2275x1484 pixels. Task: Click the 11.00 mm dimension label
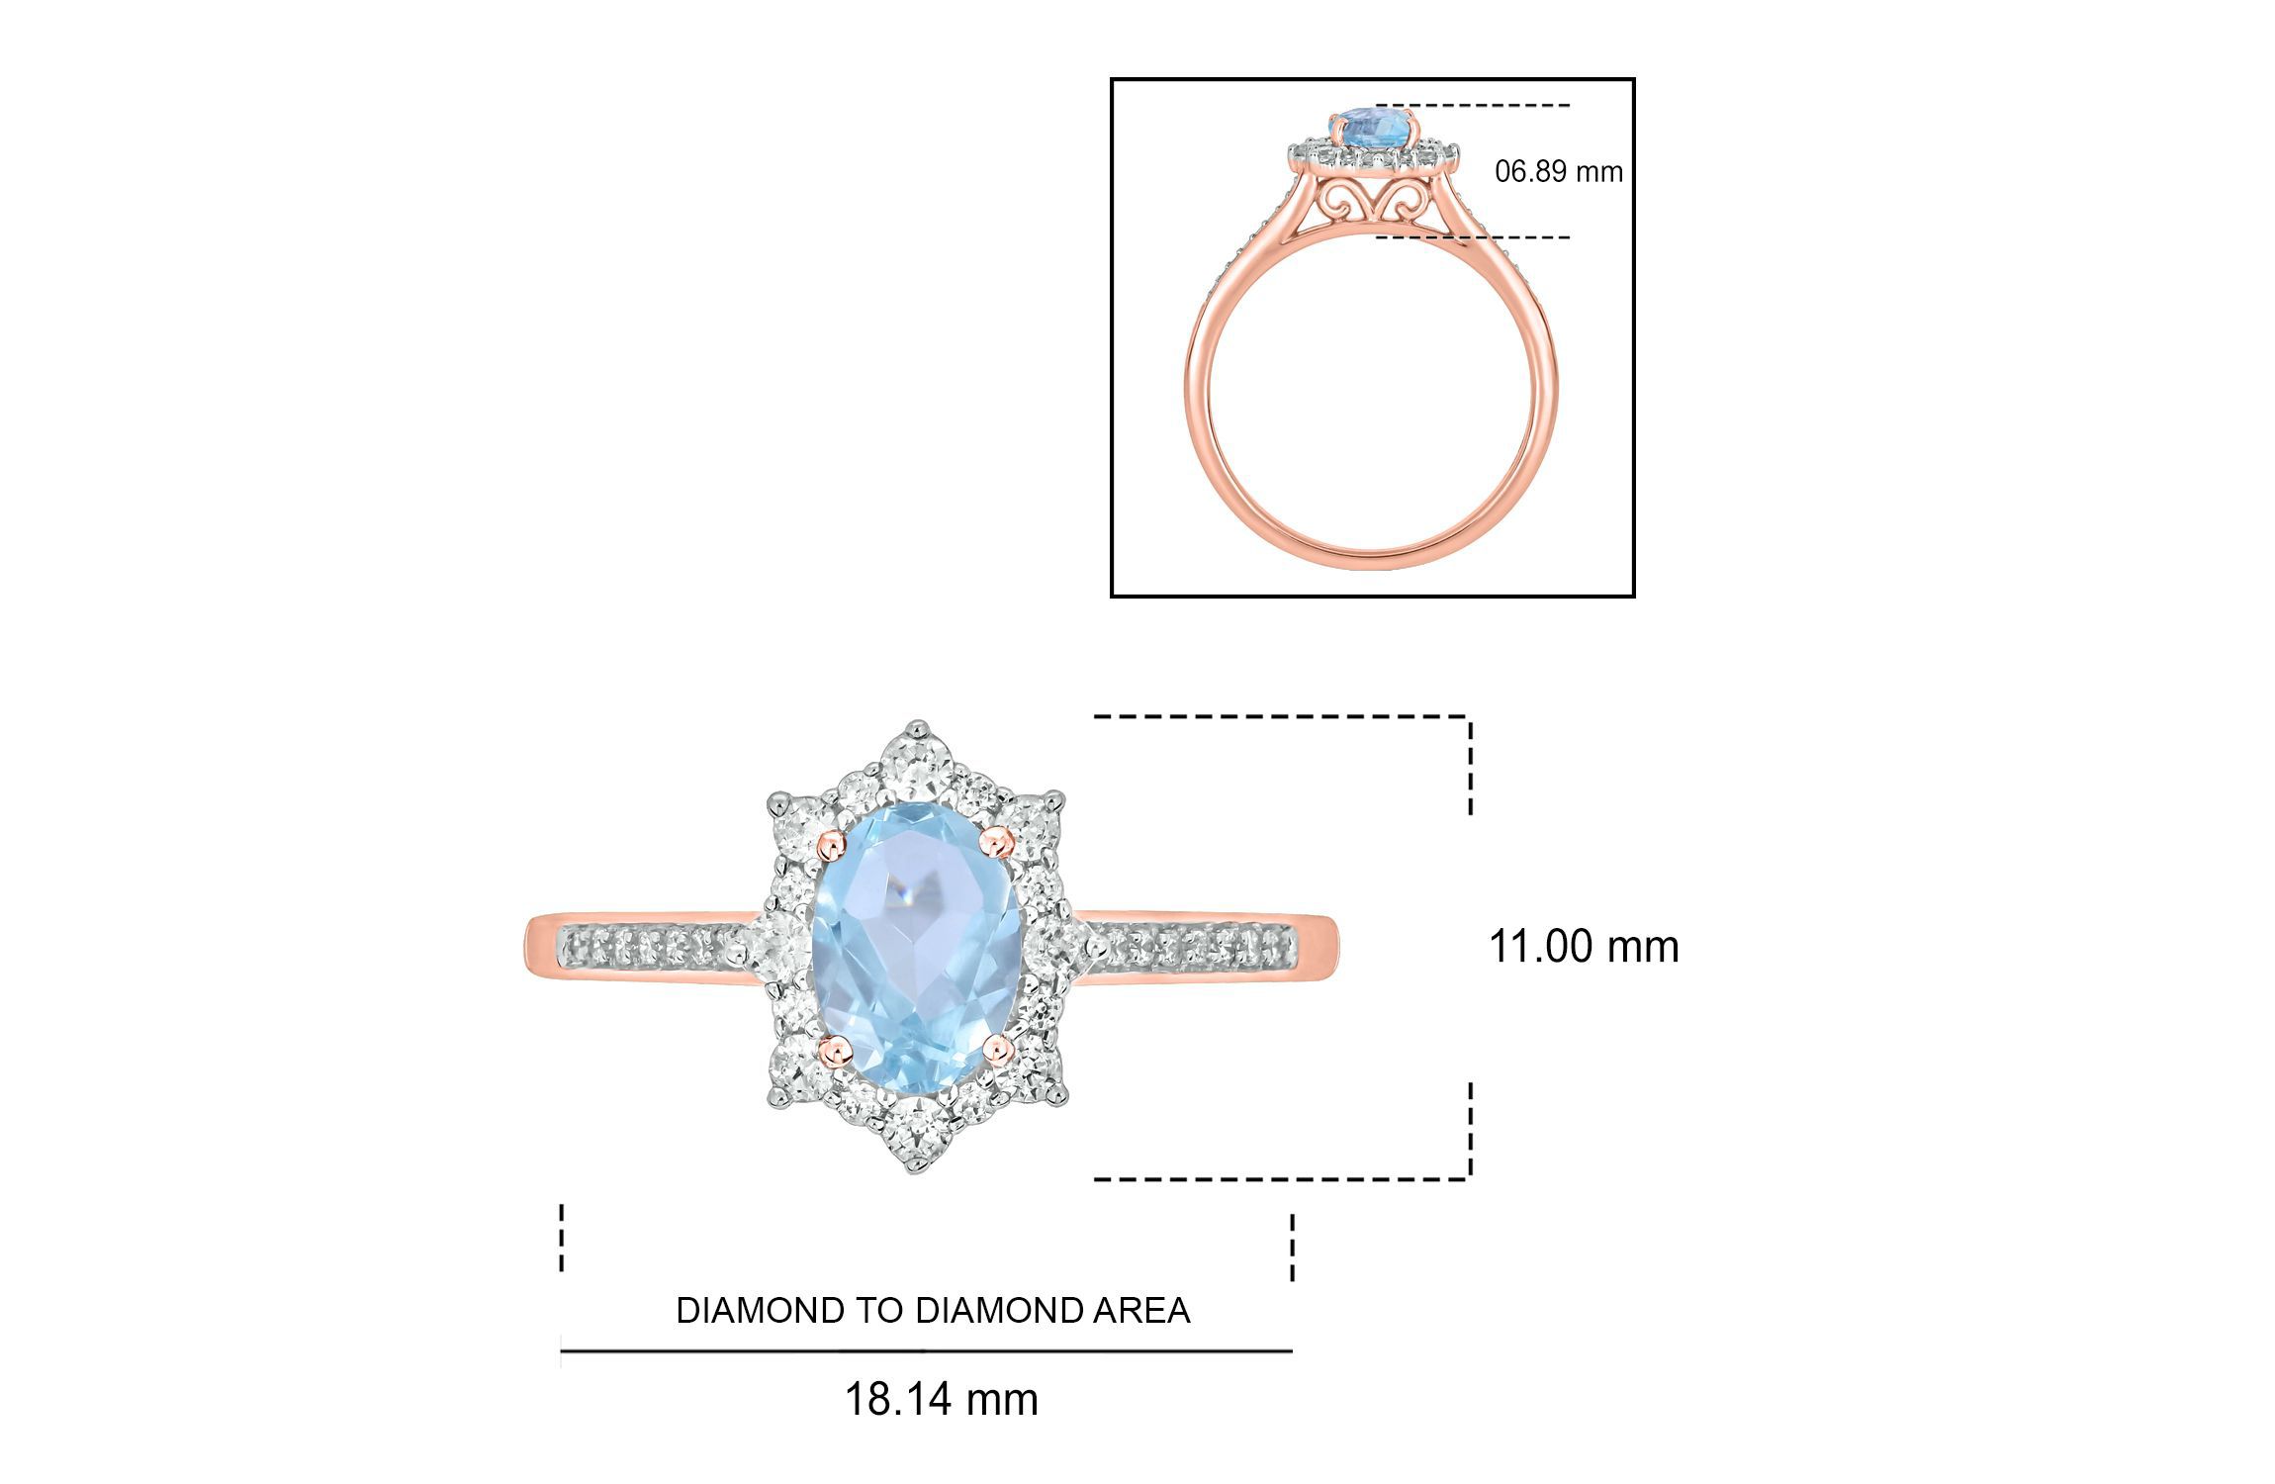pos(1584,947)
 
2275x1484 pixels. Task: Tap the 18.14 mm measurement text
pos(941,1399)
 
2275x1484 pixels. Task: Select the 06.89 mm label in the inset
pos(1559,171)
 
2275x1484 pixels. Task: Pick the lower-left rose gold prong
pos(836,1050)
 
